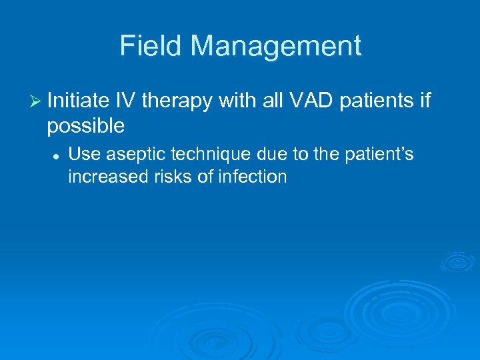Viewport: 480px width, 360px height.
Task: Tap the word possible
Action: coord(87,125)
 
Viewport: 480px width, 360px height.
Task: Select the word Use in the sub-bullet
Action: coord(83,155)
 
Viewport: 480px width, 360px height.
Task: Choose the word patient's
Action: coord(379,155)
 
